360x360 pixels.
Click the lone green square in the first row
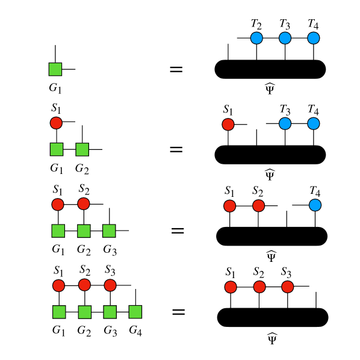point(55,69)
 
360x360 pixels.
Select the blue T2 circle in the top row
point(256,39)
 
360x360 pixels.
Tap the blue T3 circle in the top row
point(285,39)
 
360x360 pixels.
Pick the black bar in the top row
point(270,69)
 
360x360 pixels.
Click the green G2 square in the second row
point(82,149)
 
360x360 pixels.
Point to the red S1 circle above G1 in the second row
point(56,123)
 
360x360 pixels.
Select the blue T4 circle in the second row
point(313,124)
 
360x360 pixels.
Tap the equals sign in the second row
point(176,147)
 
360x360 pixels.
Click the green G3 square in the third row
point(109,230)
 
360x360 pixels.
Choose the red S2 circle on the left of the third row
point(84,204)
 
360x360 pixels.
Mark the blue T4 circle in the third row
point(315,205)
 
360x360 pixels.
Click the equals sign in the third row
point(177,230)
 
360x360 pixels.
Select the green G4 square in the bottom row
point(135,311)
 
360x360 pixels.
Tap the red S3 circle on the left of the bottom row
point(110,285)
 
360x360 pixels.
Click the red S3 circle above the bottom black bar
point(287,286)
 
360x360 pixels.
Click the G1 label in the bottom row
point(58,331)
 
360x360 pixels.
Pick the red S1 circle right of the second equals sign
point(228,125)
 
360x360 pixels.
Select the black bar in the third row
point(272,235)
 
